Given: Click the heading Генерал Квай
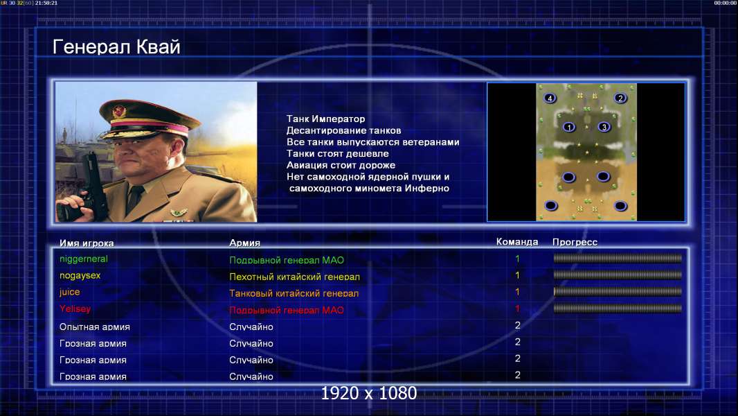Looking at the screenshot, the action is coord(116,46).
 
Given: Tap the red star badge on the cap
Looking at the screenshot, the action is coord(119,112).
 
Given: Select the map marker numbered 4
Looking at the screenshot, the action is coord(550,98).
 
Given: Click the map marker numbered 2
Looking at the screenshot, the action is coord(620,98).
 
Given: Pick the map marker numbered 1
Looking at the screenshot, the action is coord(569,127).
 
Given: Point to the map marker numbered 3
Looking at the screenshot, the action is coord(604,127).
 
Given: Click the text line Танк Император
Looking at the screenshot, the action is coord(325,119).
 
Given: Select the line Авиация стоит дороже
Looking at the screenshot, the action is coord(341,166).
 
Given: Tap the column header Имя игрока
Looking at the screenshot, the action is coord(87,243).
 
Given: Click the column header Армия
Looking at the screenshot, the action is coord(245,243).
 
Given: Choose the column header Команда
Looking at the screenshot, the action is coord(517,242).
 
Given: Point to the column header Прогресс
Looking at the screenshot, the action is coord(575,242).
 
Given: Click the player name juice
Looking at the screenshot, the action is coord(70,292).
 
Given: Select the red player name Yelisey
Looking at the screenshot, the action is coord(75,309).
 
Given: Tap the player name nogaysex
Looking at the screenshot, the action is coord(80,276).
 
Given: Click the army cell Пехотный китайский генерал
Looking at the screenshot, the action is coord(295,277).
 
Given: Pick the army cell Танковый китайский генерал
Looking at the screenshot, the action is coord(294,293).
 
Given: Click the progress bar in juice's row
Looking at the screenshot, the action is coord(618,292).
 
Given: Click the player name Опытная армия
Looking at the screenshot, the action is coord(95,327).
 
